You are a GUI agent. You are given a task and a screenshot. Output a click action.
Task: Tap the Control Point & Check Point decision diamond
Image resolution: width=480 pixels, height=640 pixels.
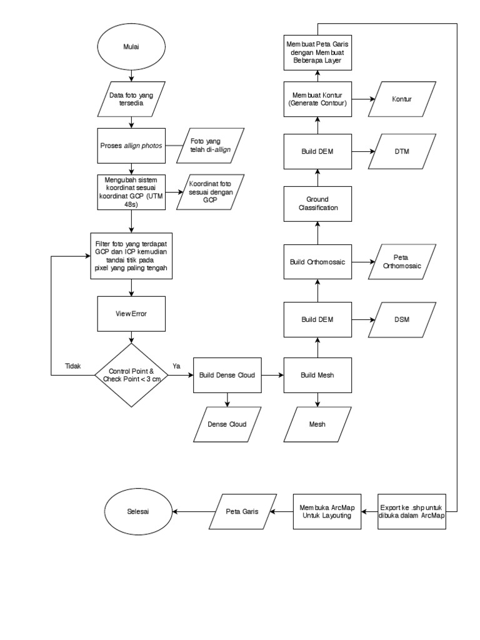131,375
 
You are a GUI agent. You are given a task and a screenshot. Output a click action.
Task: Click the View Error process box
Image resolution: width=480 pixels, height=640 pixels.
131,314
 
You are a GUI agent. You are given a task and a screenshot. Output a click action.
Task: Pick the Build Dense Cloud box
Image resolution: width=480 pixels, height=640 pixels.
227,375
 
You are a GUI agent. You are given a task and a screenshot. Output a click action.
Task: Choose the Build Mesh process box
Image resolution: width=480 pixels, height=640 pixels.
317,375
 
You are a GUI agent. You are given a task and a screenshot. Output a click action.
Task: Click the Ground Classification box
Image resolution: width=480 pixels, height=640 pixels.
317,203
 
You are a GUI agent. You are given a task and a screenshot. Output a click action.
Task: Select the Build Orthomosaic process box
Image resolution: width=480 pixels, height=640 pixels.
317,261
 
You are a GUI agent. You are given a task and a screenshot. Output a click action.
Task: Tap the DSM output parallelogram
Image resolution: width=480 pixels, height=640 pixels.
400,319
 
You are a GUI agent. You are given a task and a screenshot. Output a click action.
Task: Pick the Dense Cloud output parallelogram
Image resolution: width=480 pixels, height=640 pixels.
227,424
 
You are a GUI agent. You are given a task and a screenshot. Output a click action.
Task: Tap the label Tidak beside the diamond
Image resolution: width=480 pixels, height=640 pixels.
72,366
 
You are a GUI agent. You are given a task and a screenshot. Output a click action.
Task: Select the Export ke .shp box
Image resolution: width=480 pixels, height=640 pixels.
412,511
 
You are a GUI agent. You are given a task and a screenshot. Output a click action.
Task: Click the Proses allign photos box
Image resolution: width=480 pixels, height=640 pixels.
131,146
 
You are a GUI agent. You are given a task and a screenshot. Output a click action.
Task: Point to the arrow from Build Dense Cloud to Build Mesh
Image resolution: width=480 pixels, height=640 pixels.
272,375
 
